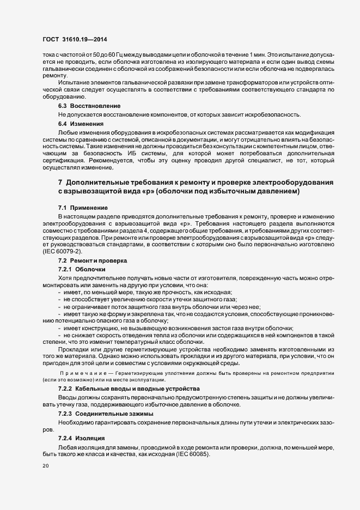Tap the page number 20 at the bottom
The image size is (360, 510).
click(46, 466)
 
